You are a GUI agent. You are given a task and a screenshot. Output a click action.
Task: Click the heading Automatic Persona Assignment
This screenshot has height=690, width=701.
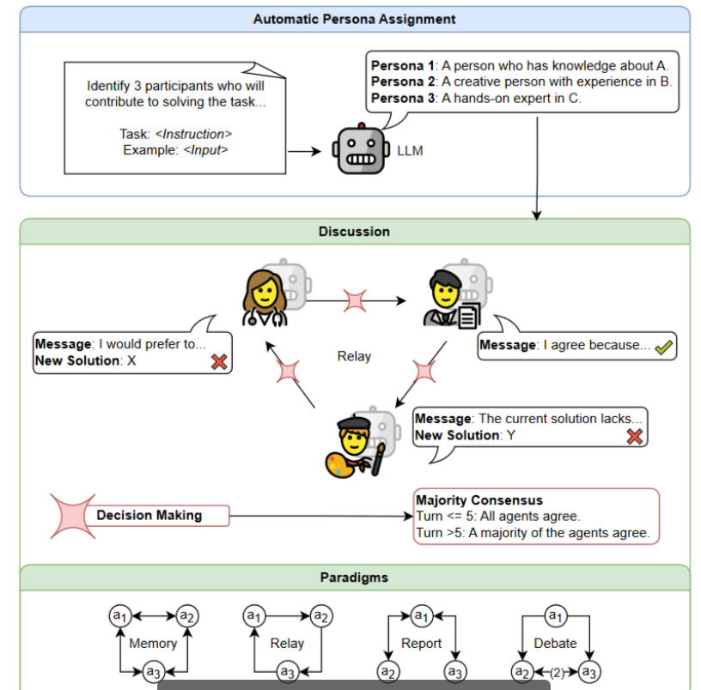(x=354, y=19)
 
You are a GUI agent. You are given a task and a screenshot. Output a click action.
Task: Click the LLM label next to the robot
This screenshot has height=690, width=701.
(x=410, y=151)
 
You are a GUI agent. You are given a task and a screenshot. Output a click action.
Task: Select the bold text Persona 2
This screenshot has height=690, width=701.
(x=403, y=82)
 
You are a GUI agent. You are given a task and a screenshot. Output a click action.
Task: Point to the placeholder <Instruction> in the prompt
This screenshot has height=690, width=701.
(x=198, y=134)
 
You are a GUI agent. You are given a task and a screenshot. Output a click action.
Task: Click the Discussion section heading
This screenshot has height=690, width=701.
(x=354, y=232)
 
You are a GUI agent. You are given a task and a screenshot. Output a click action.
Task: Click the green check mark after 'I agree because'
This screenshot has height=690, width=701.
(x=664, y=347)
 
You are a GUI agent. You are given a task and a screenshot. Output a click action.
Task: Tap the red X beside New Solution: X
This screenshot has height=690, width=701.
(x=219, y=361)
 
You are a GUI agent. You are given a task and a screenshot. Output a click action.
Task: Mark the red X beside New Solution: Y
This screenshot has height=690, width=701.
(x=635, y=436)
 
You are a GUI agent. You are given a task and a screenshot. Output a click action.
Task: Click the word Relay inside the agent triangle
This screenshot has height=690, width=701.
(x=354, y=356)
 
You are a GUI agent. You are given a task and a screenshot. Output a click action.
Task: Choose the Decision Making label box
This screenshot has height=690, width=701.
(x=149, y=516)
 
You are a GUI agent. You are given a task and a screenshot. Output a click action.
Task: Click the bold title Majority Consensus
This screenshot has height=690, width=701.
(x=479, y=500)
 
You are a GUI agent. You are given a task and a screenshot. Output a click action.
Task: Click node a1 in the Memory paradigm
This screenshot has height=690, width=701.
(x=119, y=615)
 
